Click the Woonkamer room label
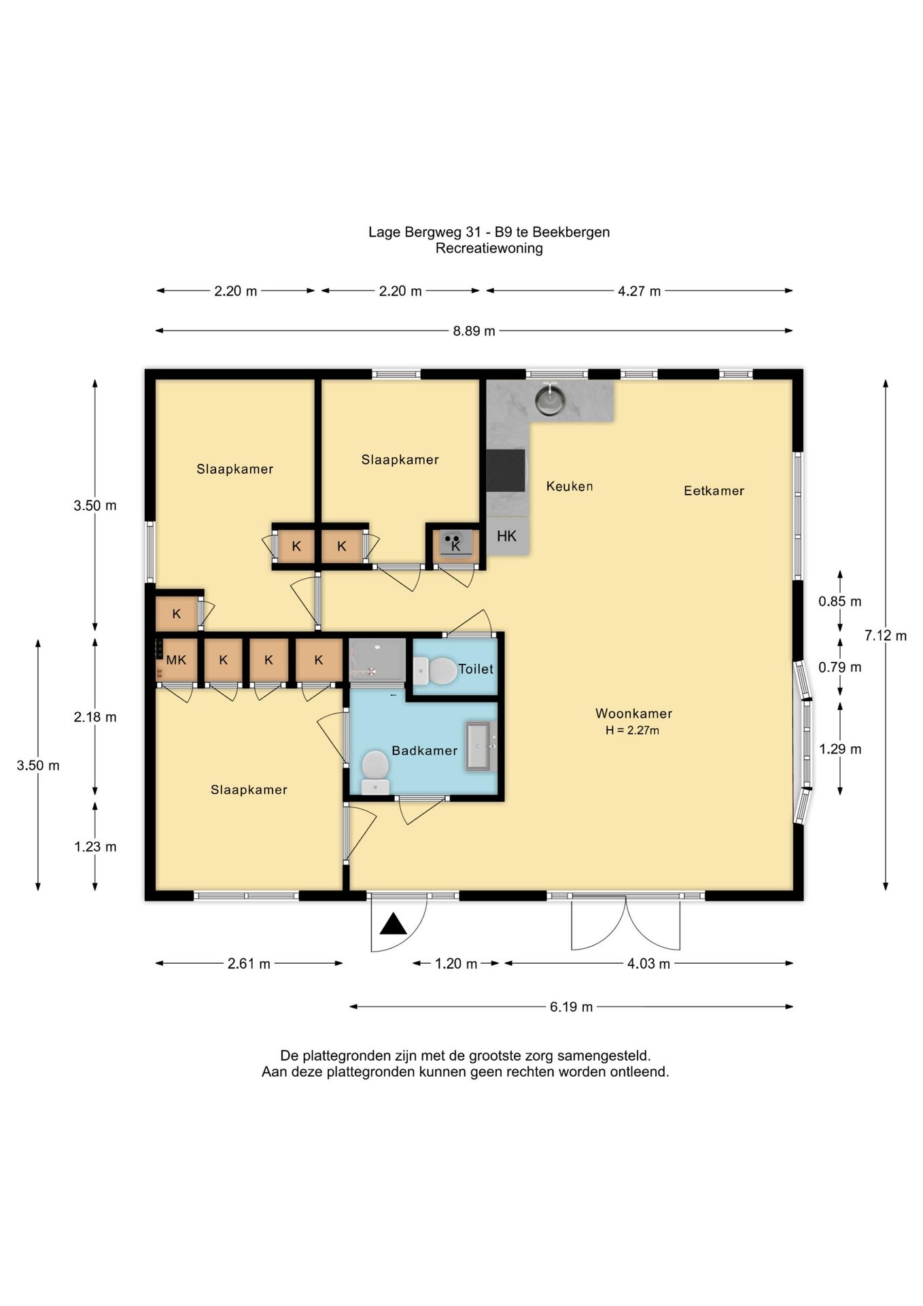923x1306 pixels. coord(633,714)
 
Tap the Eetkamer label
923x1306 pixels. coord(714,490)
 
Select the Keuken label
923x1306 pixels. coord(570,486)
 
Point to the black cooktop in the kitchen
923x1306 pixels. coord(506,470)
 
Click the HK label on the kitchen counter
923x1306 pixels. coord(506,536)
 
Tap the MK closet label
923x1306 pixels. coord(176,660)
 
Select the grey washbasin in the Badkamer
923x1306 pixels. coord(481,746)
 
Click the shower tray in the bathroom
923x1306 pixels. coord(377,658)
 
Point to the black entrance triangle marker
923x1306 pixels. coord(393,924)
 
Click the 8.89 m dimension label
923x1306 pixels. coord(474,331)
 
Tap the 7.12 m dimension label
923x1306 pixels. coord(886,636)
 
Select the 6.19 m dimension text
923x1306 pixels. coord(572,1007)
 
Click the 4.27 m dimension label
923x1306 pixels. coord(639,291)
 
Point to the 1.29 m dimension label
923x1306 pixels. coord(840,749)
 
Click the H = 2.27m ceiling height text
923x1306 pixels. coord(633,731)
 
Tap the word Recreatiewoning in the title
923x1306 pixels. coord(489,248)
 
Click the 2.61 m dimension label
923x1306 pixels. coord(249,964)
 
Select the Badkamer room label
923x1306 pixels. coord(425,750)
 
